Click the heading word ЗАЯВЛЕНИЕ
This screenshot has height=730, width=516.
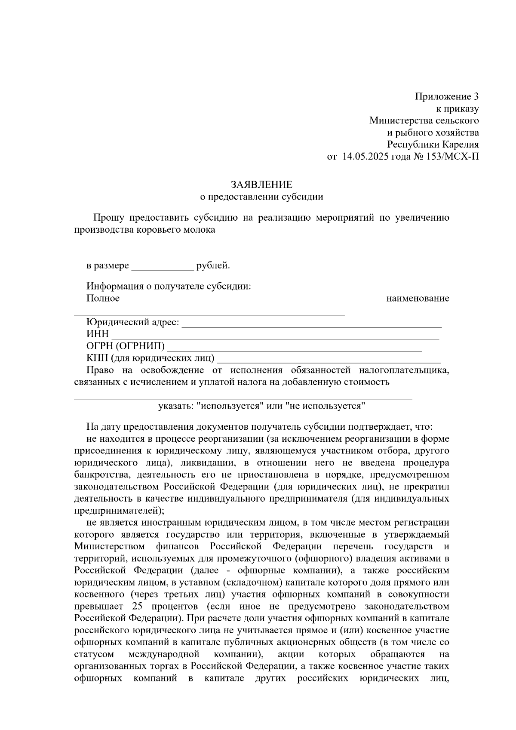pyautogui.click(x=261, y=185)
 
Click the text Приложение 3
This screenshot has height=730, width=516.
pyautogui.click(x=446, y=96)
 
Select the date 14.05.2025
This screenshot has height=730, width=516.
pyautogui.click(x=365, y=157)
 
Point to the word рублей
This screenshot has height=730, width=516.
pyautogui.click(x=212, y=266)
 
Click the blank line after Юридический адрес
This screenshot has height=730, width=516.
pyautogui.click(x=312, y=323)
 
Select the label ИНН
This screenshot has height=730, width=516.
pyautogui.click(x=98, y=334)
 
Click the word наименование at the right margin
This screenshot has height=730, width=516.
pyautogui.click(x=418, y=299)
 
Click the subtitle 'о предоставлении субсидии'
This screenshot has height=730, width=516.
pyautogui.click(x=261, y=197)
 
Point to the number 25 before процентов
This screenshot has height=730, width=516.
pyautogui.click(x=134, y=607)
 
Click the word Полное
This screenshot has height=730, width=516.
pyautogui.click(x=103, y=299)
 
